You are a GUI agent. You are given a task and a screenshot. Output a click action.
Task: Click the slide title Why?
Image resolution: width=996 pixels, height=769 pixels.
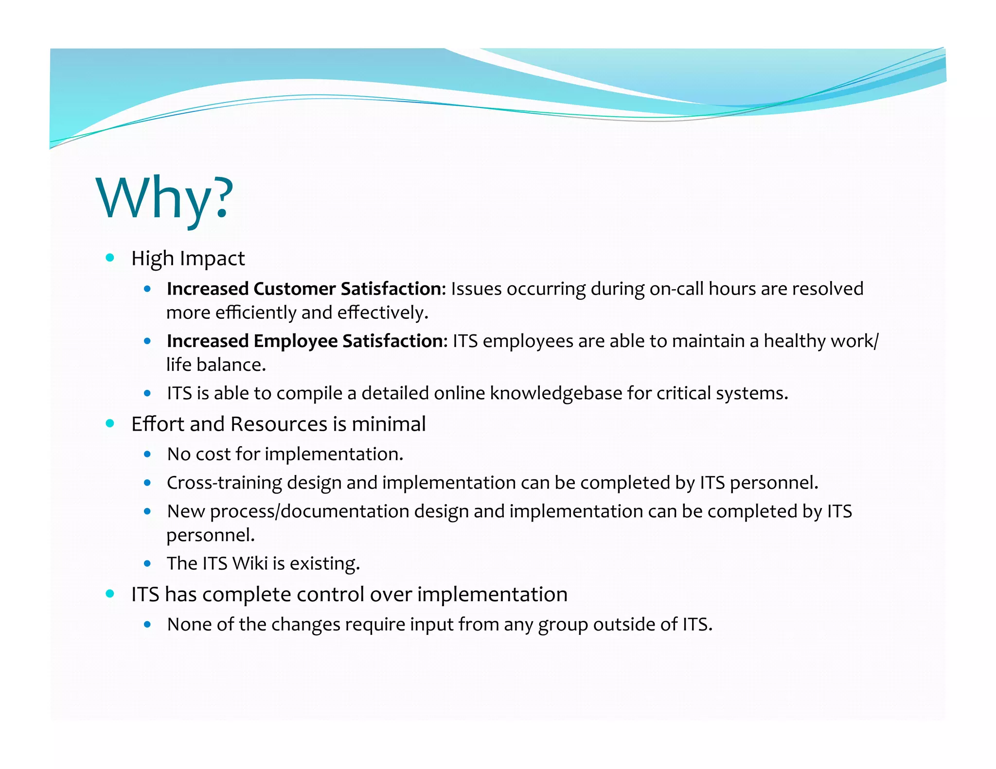[165, 198]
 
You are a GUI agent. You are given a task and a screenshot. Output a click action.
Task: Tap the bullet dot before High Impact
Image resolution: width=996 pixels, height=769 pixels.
[110, 258]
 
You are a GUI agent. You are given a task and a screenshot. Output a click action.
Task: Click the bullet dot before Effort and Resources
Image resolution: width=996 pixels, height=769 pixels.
[110, 423]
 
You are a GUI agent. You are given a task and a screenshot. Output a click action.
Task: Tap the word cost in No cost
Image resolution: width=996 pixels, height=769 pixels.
[213, 454]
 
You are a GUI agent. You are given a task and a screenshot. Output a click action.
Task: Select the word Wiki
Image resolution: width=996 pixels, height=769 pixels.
[250, 563]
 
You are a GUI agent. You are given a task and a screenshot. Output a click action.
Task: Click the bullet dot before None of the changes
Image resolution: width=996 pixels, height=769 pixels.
[147, 624]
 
